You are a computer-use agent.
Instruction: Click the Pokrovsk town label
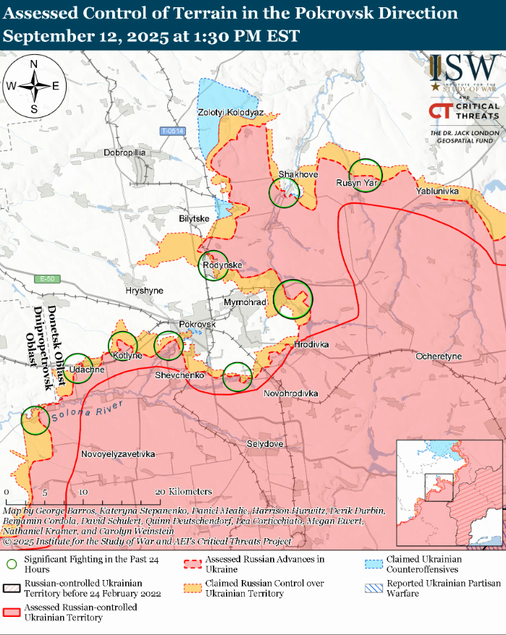(197, 325)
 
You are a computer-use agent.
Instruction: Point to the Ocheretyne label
(438, 357)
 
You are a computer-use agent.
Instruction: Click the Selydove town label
(265, 443)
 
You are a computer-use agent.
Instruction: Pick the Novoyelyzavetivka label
(118, 454)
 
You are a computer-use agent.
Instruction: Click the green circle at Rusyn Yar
(366, 174)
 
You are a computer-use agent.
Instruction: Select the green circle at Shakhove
(284, 192)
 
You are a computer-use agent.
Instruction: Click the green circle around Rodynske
(214, 265)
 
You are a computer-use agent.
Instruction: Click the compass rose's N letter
(34, 64)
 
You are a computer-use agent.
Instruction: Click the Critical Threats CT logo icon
(439, 111)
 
